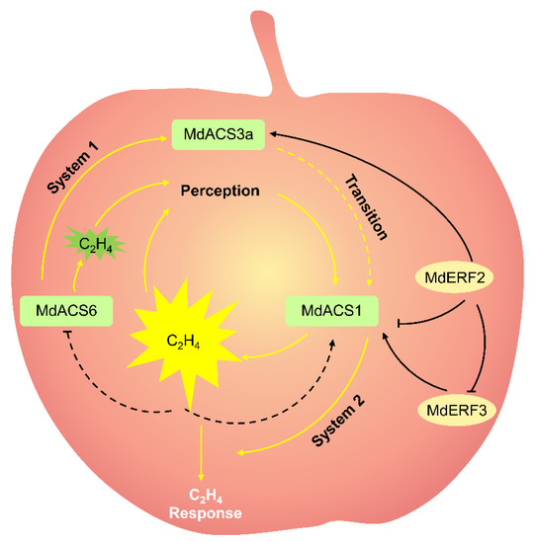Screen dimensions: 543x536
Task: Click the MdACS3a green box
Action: (x=218, y=133)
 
